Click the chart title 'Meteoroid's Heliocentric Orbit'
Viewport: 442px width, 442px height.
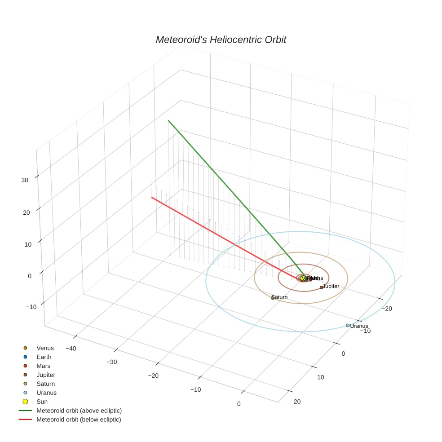221,40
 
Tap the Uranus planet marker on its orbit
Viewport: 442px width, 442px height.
348,325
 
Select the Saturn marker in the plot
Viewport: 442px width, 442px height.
273,298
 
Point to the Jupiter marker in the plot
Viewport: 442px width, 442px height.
322,287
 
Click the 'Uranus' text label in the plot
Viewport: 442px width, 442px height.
359,326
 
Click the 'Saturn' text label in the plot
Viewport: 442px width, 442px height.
280,297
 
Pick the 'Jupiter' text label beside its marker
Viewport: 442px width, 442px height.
331,286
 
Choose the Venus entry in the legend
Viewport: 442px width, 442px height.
45,348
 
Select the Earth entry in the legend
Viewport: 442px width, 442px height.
44,357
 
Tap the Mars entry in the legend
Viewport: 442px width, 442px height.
44,366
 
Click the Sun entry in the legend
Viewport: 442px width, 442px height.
42,402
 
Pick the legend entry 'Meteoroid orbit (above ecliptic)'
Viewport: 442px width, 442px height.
79,411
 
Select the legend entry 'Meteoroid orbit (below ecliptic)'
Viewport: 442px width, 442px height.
79,420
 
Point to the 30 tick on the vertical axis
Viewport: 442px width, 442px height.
25,180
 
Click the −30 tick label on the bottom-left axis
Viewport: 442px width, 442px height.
112,362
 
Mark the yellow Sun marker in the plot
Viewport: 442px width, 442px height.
303,279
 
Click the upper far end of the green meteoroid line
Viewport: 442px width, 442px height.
168,120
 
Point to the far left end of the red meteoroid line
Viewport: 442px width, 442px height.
151,197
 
